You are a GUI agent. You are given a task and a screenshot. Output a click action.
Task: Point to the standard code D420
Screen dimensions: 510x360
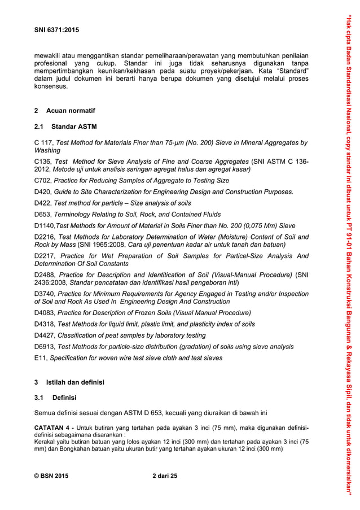[42, 192]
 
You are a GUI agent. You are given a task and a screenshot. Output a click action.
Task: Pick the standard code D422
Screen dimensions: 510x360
[42, 203]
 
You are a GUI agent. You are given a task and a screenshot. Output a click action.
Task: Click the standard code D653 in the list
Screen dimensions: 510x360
[42, 214]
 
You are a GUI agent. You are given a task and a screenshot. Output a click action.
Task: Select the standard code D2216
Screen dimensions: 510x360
[44, 237]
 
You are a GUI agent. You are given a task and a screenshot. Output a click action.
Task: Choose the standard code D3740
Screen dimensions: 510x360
[44, 294]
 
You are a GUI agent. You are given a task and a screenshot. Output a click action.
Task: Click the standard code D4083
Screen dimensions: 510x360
[44, 313]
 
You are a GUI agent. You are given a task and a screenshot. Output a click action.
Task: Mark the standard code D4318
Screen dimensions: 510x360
[44, 324]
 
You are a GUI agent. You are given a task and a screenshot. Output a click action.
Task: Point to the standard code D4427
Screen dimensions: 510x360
[44, 335]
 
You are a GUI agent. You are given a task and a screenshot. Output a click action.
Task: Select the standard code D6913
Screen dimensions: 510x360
[44, 347]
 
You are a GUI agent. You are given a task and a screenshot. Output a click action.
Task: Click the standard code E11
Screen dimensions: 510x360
[41, 358]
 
